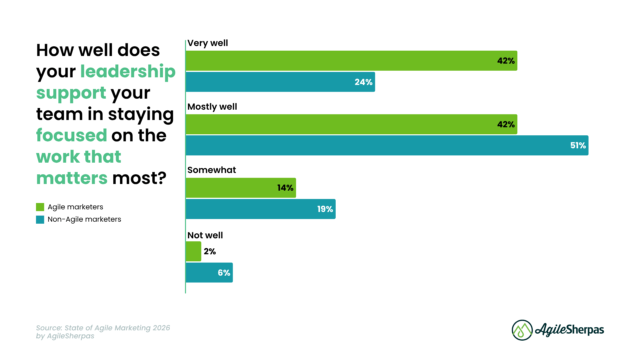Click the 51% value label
(x=578, y=145)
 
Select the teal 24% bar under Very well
(x=280, y=82)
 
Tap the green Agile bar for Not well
(x=193, y=251)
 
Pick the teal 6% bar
(x=209, y=273)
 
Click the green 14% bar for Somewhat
(x=241, y=188)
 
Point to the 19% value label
(x=325, y=209)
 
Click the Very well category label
(x=208, y=43)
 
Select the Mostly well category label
(x=212, y=107)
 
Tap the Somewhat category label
(x=212, y=170)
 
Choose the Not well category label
(x=205, y=235)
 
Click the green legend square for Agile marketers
(x=40, y=207)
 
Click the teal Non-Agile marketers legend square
(x=40, y=219)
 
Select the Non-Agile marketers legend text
(x=84, y=219)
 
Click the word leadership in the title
(x=128, y=71)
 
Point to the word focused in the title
(x=71, y=135)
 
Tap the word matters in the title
(x=72, y=178)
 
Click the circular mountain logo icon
(x=522, y=330)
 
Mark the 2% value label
(x=210, y=251)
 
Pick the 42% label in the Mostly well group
(x=506, y=124)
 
